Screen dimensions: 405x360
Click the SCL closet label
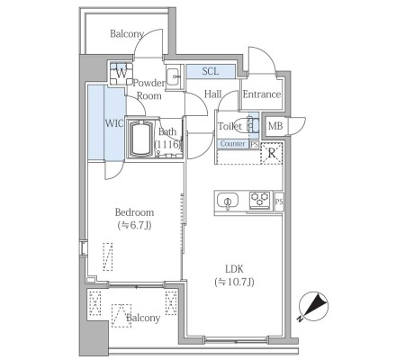(x=211, y=71)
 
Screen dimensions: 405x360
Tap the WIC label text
(x=114, y=123)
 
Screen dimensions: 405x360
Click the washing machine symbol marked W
(x=121, y=74)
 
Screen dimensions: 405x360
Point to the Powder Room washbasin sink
(x=174, y=76)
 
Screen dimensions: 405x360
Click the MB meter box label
(x=275, y=126)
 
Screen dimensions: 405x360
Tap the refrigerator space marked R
(x=272, y=153)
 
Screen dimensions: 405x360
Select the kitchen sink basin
(x=228, y=201)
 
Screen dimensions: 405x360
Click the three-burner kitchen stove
(x=260, y=200)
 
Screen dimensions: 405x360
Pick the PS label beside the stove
(x=279, y=202)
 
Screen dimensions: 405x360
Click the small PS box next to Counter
(x=254, y=144)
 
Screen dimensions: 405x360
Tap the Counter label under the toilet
(x=232, y=144)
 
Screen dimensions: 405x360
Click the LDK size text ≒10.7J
(x=234, y=282)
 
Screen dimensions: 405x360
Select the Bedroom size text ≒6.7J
(x=134, y=225)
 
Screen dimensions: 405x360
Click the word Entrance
(x=262, y=94)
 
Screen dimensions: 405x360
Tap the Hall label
(x=212, y=94)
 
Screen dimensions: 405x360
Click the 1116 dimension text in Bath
(x=168, y=144)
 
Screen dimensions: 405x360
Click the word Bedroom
(x=134, y=212)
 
